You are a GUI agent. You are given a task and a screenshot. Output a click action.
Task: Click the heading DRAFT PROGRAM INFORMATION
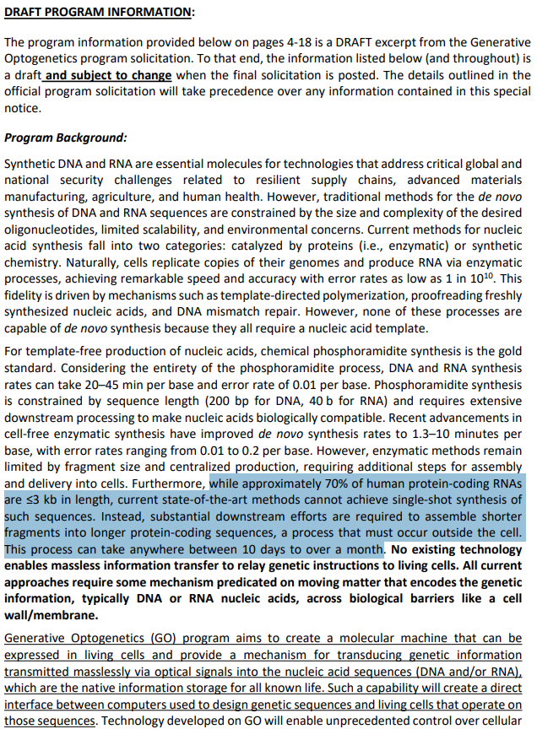click(x=99, y=11)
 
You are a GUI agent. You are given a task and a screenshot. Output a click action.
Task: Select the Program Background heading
click(x=66, y=138)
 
